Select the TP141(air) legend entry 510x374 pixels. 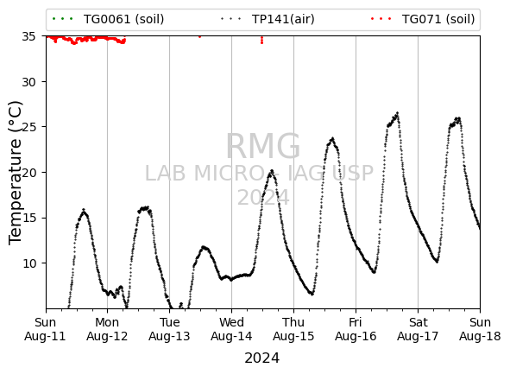pos(268,19)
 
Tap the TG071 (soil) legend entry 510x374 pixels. pos(423,19)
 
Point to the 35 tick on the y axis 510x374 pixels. pos(28,36)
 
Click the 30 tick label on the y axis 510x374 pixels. pos(28,82)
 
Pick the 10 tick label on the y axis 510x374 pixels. pos(28,263)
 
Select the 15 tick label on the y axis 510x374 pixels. pos(28,218)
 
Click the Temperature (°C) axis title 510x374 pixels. pos(16,173)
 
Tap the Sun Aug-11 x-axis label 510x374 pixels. pos(45,329)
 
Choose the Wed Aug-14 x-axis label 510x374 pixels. pos(231,329)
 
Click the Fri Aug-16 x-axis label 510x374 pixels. pos(356,329)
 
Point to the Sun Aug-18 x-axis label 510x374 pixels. pos(480,329)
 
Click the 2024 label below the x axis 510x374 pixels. pos(261,358)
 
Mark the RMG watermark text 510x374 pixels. pos(263,147)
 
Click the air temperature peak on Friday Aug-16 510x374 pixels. pos(397,113)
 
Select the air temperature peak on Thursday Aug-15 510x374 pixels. pos(332,138)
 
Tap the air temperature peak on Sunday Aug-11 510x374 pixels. pos(84,210)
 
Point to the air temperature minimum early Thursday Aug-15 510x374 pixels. pos(312,294)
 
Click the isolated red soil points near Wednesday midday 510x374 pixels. pos(261,41)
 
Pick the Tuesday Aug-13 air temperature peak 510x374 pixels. pos(204,247)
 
